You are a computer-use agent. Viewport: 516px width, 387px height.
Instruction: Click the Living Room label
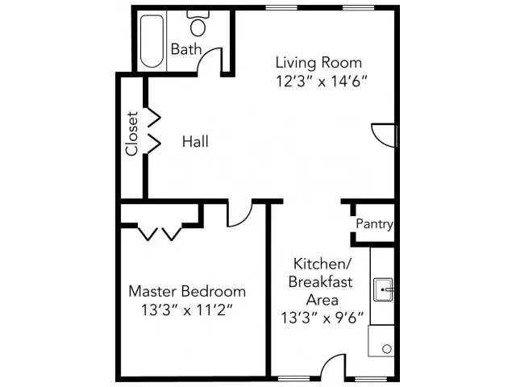pos(318,62)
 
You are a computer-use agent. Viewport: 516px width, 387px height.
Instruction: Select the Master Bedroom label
pos(187,291)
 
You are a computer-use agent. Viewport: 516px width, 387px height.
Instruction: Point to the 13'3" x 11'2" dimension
pos(187,309)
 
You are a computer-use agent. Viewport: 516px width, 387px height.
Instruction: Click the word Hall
pos(195,142)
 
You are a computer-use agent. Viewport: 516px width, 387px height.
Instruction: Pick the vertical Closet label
pos(132,133)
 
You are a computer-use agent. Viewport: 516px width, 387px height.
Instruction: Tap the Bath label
pos(185,49)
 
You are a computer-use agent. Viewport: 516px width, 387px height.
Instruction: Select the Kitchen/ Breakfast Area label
pos(322,281)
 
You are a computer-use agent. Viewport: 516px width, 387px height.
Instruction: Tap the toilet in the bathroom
pos(198,24)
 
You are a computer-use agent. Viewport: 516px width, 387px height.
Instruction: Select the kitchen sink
pos(384,288)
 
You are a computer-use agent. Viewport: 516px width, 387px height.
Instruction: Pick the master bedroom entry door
pos(239,214)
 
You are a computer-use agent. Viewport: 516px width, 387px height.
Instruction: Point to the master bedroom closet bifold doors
pos(160,233)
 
